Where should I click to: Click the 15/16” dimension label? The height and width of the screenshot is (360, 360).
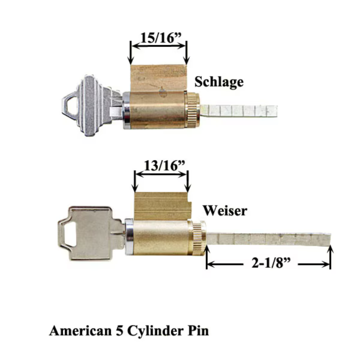(x=161, y=38)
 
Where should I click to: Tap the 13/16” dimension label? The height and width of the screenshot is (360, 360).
(x=164, y=165)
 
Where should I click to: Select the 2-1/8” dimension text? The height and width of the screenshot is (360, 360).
(x=271, y=263)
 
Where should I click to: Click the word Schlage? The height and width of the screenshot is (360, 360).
(x=219, y=82)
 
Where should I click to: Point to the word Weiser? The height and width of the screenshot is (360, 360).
(x=225, y=210)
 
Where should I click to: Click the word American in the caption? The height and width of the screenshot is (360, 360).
(x=80, y=331)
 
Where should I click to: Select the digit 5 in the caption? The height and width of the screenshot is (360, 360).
(x=119, y=331)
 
